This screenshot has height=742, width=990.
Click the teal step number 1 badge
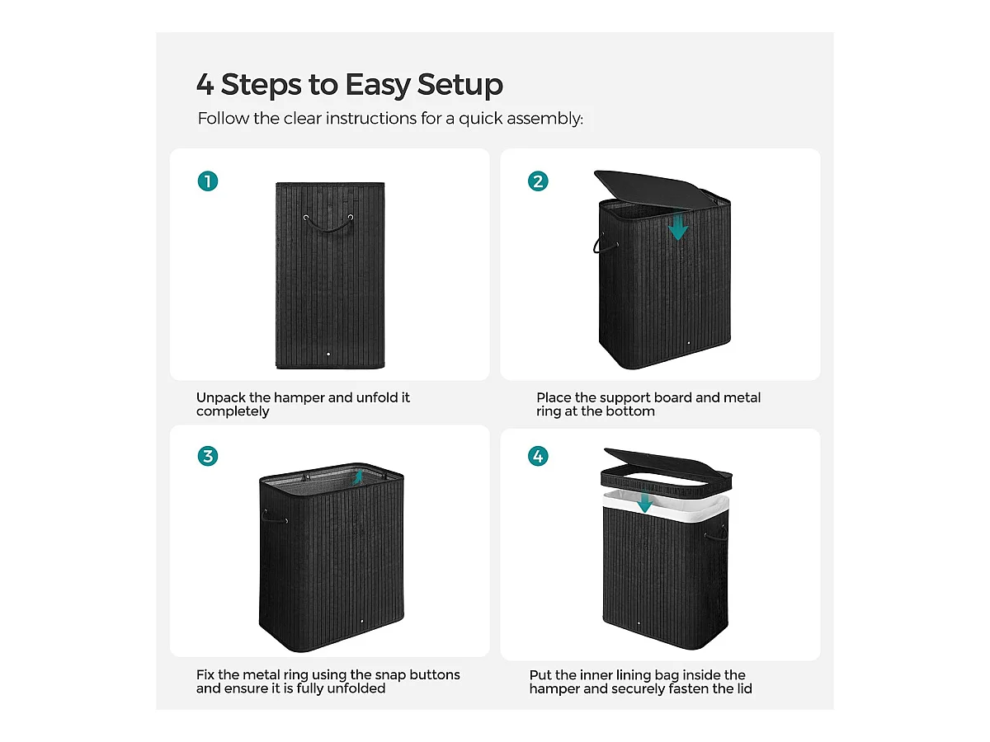tap(207, 181)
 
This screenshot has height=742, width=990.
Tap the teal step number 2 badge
tap(538, 181)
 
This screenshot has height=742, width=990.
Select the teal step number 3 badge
tap(207, 456)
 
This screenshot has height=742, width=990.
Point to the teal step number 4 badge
tap(538, 456)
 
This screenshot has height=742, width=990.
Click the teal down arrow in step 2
tap(678, 227)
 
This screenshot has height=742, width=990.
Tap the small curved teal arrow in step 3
tap(357, 477)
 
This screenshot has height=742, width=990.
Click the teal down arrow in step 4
tap(645, 502)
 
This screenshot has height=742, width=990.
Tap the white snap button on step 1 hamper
tap(328, 355)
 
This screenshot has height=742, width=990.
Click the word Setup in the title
tap(460, 85)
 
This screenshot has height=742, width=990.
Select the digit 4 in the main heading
tap(205, 85)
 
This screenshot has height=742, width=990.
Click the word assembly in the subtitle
tap(544, 119)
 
